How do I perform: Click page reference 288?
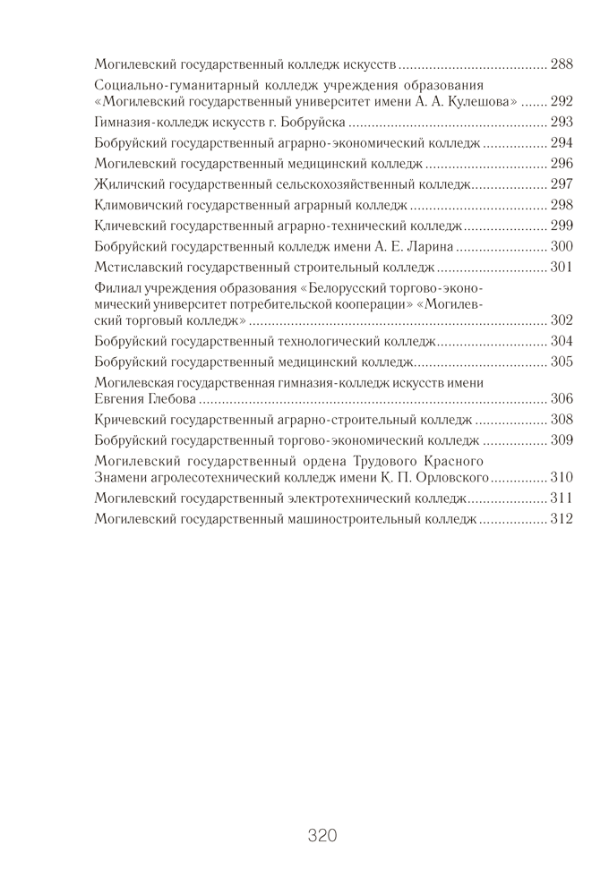point(562,64)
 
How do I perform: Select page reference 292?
point(562,102)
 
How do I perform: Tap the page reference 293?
point(562,123)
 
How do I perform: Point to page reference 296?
point(562,164)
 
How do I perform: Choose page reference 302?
point(562,320)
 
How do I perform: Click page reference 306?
point(562,398)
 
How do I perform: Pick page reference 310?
point(562,477)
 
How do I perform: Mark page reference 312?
point(562,518)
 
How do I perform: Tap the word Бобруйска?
point(318,123)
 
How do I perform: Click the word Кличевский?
point(127,226)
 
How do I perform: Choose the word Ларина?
point(433,246)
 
